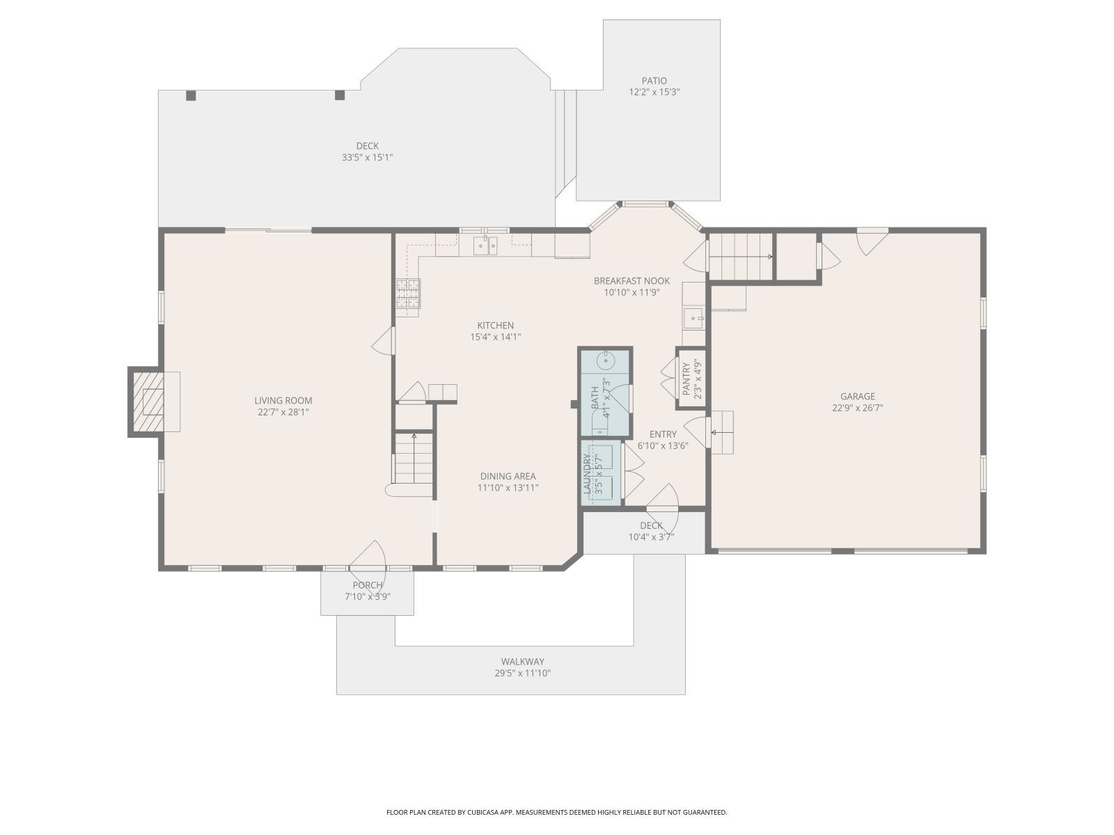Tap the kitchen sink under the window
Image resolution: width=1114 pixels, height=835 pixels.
pyautogui.click(x=485, y=245)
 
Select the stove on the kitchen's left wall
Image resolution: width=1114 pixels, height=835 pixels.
pyautogui.click(x=408, y=293)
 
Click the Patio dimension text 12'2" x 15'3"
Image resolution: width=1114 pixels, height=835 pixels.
pyautogui.click(x=654, y=92)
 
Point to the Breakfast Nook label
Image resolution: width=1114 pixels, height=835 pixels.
pyautogui.click(x=631, y=281)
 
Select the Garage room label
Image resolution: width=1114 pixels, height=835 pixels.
pyautogui.click(x=857, y=397)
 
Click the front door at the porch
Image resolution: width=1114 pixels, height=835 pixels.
pyautogui.click(x=368, y=564)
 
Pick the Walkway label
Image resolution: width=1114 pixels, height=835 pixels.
pyautogui.click(x=522, y=662)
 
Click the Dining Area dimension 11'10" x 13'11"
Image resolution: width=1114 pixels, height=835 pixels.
pyautogui.click(x=508, y=488)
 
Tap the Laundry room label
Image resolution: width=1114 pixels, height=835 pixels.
pyautogui.click(x=587, y=473)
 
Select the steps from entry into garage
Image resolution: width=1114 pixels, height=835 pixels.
pyautogui.click(x=722, y=432)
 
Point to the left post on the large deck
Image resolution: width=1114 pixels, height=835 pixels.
pyautogui.click(x=191, y=96)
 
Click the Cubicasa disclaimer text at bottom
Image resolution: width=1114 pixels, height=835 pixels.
pyautogui.click(x=556, y=812)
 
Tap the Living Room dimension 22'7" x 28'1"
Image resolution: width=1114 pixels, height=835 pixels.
pyautogui.click(x=283, y=412)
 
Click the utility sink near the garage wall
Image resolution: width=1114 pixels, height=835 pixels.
pyautogui.click(x=693, y=319)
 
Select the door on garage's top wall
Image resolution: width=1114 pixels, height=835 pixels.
pyautogui.click(x=872, y=241)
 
